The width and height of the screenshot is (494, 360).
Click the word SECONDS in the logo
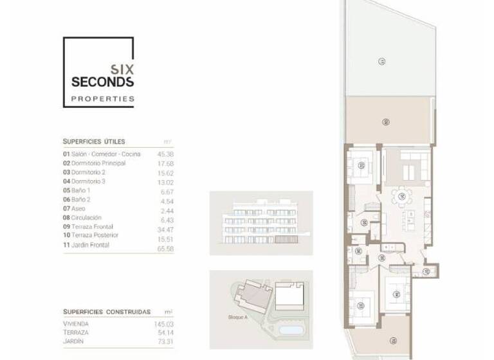point(102,82)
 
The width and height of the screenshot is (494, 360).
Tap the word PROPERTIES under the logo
point(102,99)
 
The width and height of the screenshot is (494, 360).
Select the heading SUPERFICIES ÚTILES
point(94,141)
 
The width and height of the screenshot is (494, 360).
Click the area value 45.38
point(165,154)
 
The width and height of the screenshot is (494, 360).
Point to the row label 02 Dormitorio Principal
point(94,163)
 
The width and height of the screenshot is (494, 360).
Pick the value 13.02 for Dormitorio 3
point(165,182)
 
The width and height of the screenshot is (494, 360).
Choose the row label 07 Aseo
point(75,209)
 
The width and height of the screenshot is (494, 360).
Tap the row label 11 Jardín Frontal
point(86,245)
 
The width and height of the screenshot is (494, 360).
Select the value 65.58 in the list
point(165,248)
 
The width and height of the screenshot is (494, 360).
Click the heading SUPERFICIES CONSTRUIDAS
point(107,310)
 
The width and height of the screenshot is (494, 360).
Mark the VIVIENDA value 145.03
point(163,324)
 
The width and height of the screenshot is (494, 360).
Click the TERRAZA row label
point(76,332)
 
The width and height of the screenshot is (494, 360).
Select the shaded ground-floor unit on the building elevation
point(282,239)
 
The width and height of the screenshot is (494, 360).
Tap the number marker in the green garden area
point(382,61)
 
